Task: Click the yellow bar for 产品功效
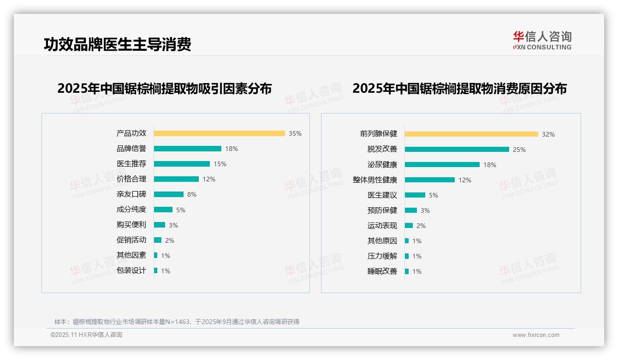[x=219, y=133]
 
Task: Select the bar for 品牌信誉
[x=187, y=149]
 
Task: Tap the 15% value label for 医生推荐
[x=220, y=164]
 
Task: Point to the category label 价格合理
[x=131, y=179]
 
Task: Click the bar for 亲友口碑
[x=168, y=194]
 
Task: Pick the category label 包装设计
[x=131, y=270]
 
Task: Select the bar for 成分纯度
[x=163, y=210]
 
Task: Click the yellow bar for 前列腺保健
[x=471, y=134]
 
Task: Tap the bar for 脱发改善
[x=457, y=150]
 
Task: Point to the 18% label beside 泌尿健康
[x=490, y=165]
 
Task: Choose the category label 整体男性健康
[x=375, y=180]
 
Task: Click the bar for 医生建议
[x=415, y=195]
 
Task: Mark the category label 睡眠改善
[x=382, y=271]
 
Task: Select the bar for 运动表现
[x=409, y=226]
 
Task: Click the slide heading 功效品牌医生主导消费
[x=117, y=44]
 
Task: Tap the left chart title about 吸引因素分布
[x=164, y=88]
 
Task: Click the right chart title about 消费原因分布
[x=459, y=88]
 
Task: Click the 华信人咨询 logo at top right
[x=542, y=41]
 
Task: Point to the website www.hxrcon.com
[x=536, y=335]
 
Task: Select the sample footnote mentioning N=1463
[x=177, y=322]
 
